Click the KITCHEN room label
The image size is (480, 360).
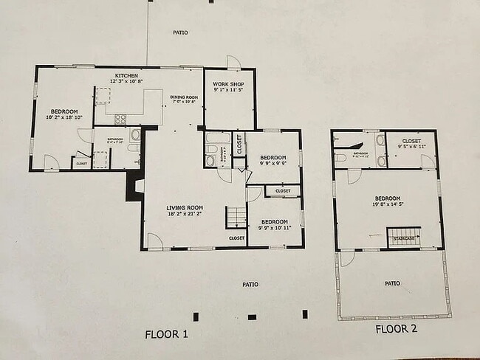125,75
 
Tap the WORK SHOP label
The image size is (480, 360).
228,85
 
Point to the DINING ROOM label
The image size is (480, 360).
183,97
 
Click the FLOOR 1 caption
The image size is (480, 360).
166,334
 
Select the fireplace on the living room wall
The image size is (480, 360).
134,187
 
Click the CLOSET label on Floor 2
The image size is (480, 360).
411,141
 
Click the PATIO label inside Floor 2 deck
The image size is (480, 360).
392,283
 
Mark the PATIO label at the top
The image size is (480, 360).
179,32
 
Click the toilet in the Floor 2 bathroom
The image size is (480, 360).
340,157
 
